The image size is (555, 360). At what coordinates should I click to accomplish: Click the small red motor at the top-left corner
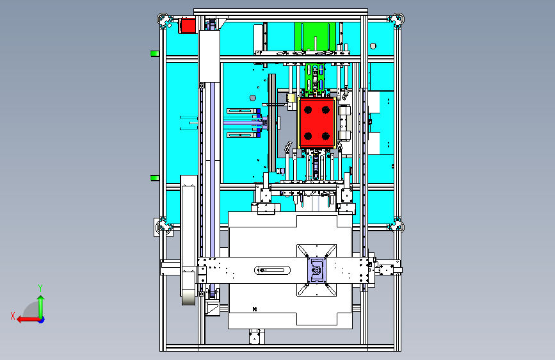pyautogui.click(x=188, y=26)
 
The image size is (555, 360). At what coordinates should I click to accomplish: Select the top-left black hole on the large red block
pyautogui.click(x=308, y=110)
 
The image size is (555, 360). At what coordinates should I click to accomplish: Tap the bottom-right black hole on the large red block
pyautogui.click(x=326, y=136)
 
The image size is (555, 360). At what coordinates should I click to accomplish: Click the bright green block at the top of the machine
pyautogui.click(x=315, y=37)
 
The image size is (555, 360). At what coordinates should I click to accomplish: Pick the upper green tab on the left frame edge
pyautogui.click(x=155, y=54)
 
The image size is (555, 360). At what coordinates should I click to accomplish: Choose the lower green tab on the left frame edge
pyautogui.click(x=155, y=178)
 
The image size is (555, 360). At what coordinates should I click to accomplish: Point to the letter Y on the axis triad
pyautogui.click(x=40, y=288)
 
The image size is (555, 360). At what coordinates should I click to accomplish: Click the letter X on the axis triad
pyautogui.click(x=13, y=316)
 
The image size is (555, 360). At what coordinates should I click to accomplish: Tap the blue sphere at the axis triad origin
pyautogui.click(x=42, y=320)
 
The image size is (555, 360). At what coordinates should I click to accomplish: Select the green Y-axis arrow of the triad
pyautogui.click(x=41, y=306)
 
